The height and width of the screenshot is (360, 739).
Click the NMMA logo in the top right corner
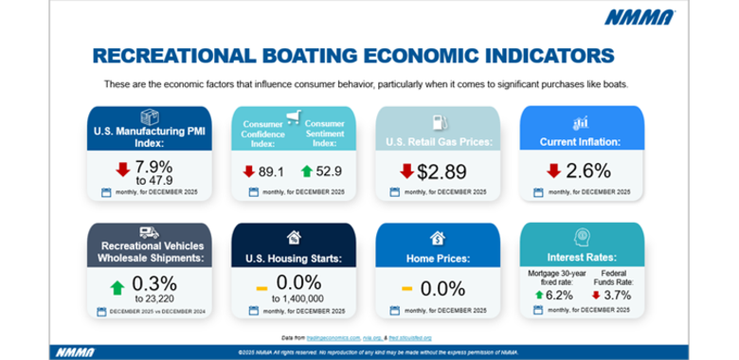[x=642, y=17]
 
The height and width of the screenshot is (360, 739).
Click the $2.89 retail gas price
[x=445, y=171]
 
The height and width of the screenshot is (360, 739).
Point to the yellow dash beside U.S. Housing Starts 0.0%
[x=261, y=287]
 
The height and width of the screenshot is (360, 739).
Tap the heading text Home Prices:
[x=438, y=259]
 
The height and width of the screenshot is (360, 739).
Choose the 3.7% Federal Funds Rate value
[x=617, y=294]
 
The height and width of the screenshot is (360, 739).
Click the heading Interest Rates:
[x=582, y=258]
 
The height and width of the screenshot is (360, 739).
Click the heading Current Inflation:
[x=580, y=141]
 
